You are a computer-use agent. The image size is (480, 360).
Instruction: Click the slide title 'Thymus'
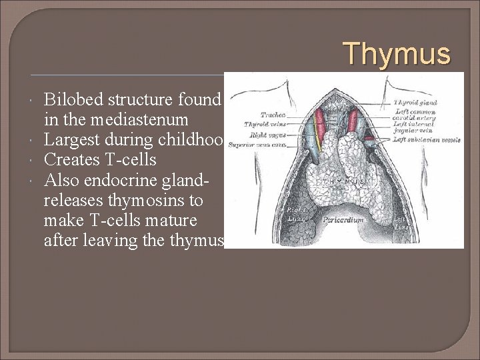[x=397, y=53]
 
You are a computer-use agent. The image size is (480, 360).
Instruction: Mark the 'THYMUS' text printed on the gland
[x=341, y=181]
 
